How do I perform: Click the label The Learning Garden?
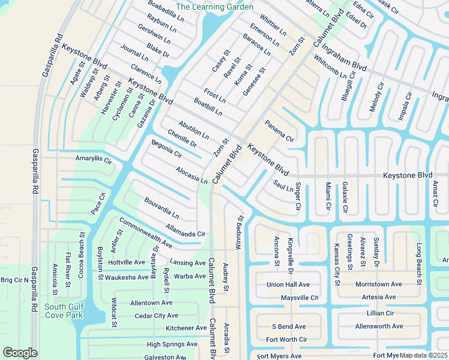pyautogui.click(x=215, y=7)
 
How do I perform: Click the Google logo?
pyautogui.click(x=20, y=353)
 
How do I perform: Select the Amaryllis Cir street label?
pyautogui.click(x=94, y=161)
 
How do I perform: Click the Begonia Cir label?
pyautogui.click(x=166, y=149)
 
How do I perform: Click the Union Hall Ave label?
pyautogui.click(x=288, y=284)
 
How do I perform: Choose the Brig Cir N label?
pyautogui.click(x=14, y=280)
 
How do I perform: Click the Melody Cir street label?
pyautogui.click(x=376, y=97)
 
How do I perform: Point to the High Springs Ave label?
pyautogui.click(x=172, y=344)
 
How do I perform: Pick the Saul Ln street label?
pyautogui.click(x=282, y=186)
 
